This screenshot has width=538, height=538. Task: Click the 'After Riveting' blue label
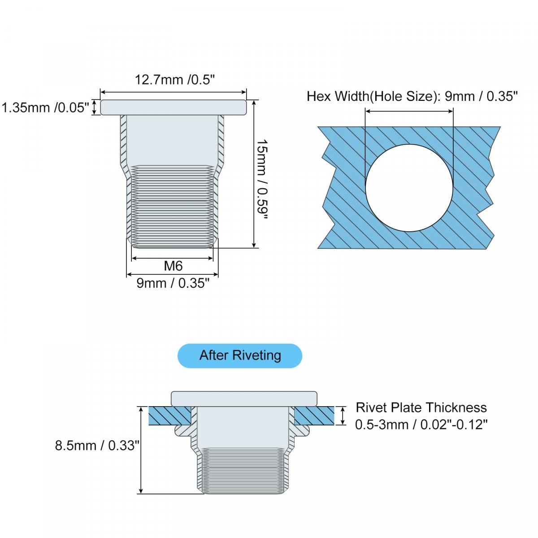(239, 356)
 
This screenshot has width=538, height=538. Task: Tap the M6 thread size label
(173, 265)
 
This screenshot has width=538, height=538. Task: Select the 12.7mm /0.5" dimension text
(175, 80)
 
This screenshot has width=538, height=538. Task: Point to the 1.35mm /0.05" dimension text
(46, 108)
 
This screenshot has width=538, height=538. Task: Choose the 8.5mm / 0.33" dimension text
(97, 445)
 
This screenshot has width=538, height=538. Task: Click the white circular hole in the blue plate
(409, 187)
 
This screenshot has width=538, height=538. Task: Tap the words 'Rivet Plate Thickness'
(421, 408)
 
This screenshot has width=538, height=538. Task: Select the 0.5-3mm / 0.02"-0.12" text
(421, 425)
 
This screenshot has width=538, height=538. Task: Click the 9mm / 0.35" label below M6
(173, 283)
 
